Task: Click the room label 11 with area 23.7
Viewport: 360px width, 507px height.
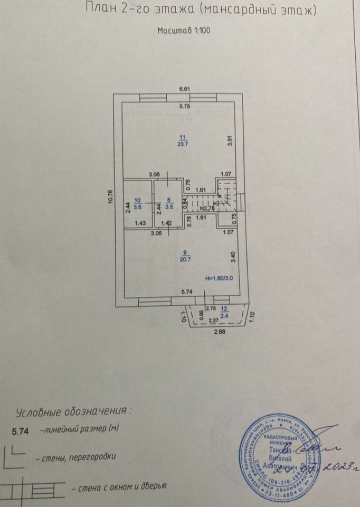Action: [x=182, y=140]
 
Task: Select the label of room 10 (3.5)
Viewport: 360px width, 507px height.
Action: [x=137, y=203]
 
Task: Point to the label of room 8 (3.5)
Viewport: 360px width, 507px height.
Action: [x=168, y=203]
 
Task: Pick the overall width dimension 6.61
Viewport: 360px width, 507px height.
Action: [x=184, y=89]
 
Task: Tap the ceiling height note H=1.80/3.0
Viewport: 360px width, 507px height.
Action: [x=219, y=278]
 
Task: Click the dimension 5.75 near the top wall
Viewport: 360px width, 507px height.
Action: [x=184, y=107]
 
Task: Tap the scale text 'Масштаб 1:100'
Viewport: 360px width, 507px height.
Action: [x=184, y=30]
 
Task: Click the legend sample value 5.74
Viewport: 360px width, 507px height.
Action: [x=21, y=431]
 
